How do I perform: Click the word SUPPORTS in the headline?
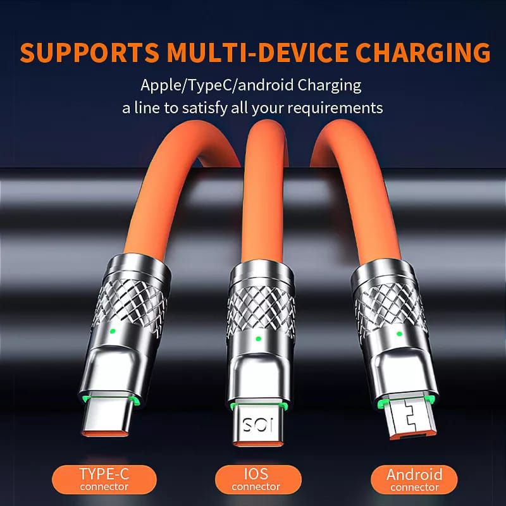(89, 52)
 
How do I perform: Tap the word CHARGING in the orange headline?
(423, 52)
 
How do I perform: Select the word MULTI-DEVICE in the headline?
(257, 52)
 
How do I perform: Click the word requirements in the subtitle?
(335, 108)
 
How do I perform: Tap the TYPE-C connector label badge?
(104, 479)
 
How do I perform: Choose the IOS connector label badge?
(258, 479)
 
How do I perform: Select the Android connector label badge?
(414, 479)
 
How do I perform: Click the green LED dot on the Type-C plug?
(113, 331)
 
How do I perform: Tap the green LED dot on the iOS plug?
(257, 339)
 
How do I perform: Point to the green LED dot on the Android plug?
(399, 334)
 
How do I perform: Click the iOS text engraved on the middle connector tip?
(258, 424)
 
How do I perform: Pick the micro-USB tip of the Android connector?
(410, 418)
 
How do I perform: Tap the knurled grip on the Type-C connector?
(131, 302)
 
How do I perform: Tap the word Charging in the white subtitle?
(329, 85)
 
